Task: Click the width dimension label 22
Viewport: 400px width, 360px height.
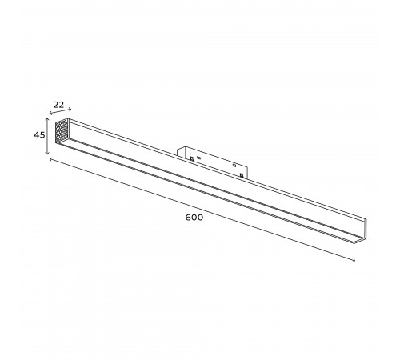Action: tap(58, 104)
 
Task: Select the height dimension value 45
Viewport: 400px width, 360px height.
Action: tap(38, 135)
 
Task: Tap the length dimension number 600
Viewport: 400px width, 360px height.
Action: tap(194, 217)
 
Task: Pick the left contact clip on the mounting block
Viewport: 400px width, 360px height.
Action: tap(191, 159)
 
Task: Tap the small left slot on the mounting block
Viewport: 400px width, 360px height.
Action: tap(198, 158)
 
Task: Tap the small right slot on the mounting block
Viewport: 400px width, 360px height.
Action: tap(234, 166)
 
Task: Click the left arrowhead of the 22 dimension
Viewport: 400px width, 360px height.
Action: tap(50, 114)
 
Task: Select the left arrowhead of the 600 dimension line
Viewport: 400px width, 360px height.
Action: tap(50, 159)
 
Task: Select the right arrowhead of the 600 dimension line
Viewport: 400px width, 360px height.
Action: tap(354, 260)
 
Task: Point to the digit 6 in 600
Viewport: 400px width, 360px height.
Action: tap(188, 217)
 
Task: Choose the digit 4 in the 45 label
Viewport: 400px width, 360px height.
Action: tap(36, 135)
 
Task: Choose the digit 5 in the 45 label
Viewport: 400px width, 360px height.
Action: tap(42, 135)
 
